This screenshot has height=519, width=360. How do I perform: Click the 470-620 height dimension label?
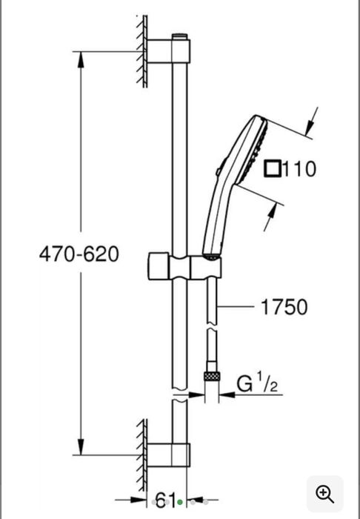coord(79,254)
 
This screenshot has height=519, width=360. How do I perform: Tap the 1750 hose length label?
coord(284,307)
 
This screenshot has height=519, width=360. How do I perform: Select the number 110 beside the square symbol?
coord(299,168)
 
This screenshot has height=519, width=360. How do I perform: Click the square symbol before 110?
coord(272,168)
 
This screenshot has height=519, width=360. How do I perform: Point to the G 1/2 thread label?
coord(257,382)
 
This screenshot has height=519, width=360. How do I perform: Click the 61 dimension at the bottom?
coord(165,500)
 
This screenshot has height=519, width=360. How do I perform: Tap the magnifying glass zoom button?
coord(325,495)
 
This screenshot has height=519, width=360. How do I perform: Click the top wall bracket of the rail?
coord(169,51)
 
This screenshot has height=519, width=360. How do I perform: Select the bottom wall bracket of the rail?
coord(169,454)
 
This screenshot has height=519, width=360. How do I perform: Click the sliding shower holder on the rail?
coord(184,267)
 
